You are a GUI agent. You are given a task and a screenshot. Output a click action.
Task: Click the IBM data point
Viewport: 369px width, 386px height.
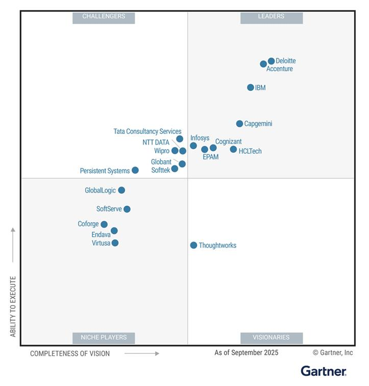[251, 88]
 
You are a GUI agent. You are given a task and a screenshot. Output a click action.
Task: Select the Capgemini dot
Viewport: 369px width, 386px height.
[239, 124]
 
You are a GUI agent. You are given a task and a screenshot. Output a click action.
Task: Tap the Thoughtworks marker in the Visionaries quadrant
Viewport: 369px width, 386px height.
[193, 245]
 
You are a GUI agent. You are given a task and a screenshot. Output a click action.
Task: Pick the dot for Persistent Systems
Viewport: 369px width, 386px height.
[135, 171]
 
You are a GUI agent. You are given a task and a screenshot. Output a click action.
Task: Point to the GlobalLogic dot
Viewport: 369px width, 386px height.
[121, 190]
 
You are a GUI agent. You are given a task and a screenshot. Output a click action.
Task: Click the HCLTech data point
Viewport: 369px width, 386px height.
[233, 150]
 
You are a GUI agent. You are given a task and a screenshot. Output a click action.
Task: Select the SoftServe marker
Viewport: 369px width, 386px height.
[127, 209]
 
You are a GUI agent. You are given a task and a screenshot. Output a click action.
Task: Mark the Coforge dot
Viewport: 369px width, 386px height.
[104, 224]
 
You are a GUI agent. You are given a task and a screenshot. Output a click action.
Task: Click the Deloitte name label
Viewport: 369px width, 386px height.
[286, 61]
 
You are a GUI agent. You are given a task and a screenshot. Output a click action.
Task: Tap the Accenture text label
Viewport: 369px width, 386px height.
[280, 69]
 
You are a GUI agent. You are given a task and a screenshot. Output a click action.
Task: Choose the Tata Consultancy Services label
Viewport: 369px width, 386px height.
[147, 131]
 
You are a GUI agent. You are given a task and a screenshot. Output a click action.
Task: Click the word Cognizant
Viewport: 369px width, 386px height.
[228, 141]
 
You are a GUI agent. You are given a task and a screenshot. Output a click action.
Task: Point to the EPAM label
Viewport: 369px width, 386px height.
[210, 157]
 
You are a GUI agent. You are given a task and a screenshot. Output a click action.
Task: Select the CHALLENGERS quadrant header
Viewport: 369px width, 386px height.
[104, 17]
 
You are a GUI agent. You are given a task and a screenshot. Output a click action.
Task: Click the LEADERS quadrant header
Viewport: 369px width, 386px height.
[272, 17]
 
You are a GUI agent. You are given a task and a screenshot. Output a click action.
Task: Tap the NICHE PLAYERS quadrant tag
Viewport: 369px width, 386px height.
[104, 337]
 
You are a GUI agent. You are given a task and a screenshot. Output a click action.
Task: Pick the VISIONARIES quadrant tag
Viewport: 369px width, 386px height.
[272, 337]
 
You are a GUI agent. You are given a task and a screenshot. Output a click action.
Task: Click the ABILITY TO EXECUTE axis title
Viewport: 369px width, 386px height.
[13, 306]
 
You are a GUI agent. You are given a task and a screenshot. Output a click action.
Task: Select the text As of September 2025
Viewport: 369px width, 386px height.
[247, 353]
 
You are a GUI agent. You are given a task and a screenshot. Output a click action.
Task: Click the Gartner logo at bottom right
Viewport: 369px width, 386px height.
[324, 371]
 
